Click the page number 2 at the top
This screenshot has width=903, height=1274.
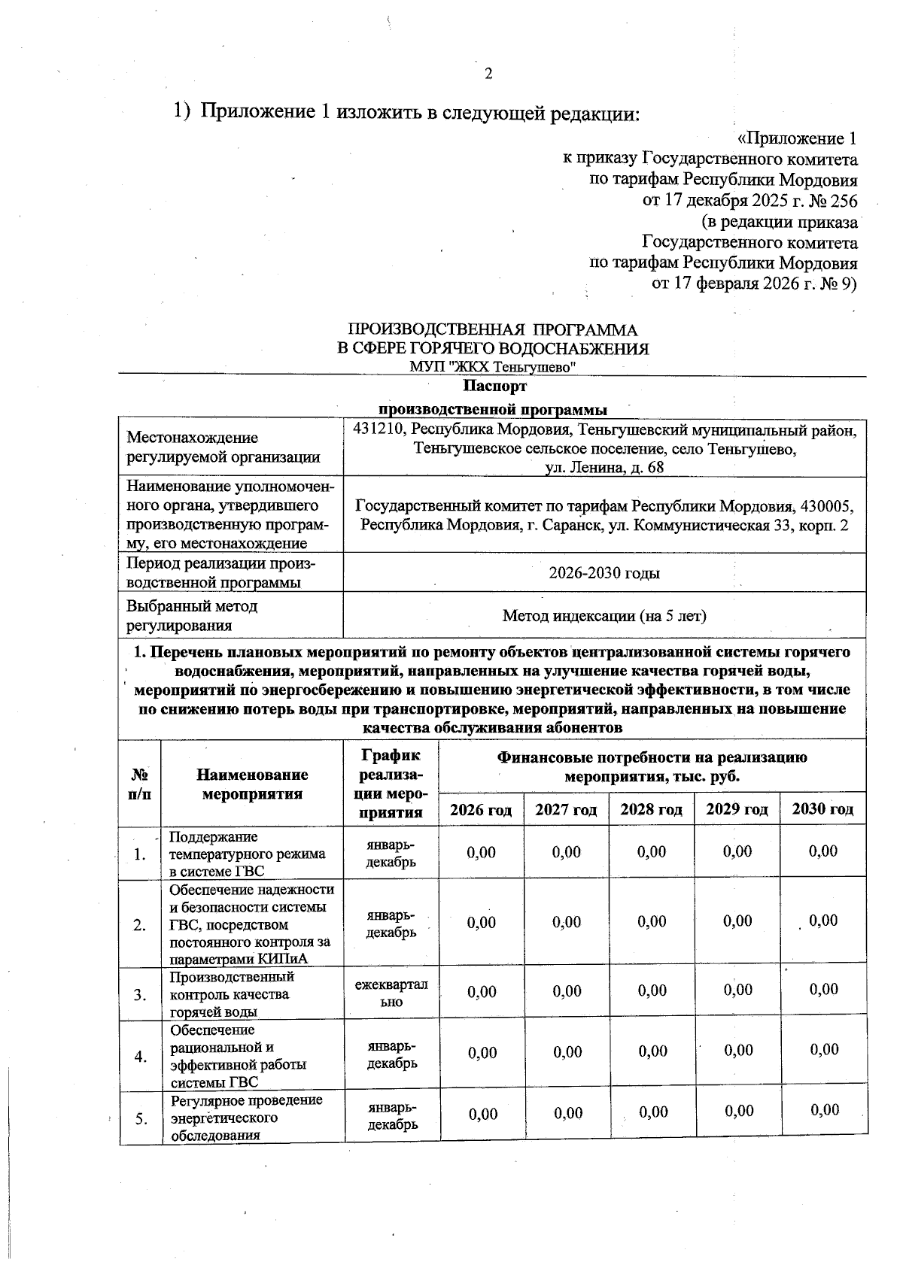coord(488,74)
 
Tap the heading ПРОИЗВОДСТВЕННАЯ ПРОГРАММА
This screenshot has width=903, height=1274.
coord(492,330)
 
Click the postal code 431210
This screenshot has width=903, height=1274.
coord(375,429)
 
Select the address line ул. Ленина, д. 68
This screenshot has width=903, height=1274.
coord(604,468)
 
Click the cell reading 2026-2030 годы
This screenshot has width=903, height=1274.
coord(604,573)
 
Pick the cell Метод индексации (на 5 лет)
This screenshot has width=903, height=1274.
coord(604,616)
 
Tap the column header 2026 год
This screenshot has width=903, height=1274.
coord(481,810)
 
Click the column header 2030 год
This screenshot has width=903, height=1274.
coord(823,809)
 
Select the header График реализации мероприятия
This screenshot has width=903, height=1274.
coord(391,783)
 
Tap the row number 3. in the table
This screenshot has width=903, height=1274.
coord(140,995)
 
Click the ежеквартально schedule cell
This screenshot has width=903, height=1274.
coord(391,993)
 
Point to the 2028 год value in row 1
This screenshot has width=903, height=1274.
coord(652,851)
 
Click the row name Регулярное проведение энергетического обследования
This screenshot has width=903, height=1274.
coord(245,1118)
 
